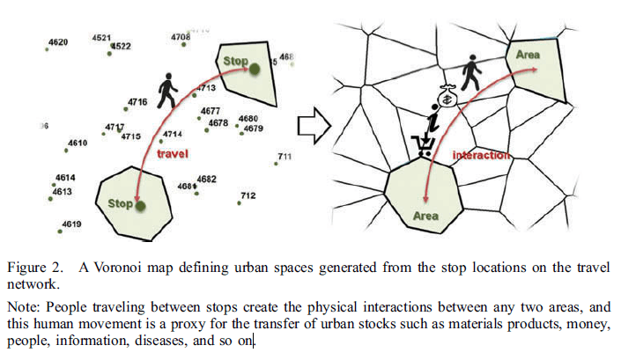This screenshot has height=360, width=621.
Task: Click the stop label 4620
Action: coord(58,42)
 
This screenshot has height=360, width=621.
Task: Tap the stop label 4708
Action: coord(181,37)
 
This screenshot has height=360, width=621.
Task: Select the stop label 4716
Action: coord(137,102)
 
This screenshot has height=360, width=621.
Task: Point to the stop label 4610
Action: coord(78,143)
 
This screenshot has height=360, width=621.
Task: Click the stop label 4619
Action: coord(71,224)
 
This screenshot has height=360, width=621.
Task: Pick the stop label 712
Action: coord(248,195)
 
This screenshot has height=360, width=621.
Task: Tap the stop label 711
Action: coord(285,157)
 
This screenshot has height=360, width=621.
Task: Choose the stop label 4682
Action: coord(207,179)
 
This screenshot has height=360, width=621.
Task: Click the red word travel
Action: coord(173,153)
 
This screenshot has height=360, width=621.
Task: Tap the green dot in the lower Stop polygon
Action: coord(140,205)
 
